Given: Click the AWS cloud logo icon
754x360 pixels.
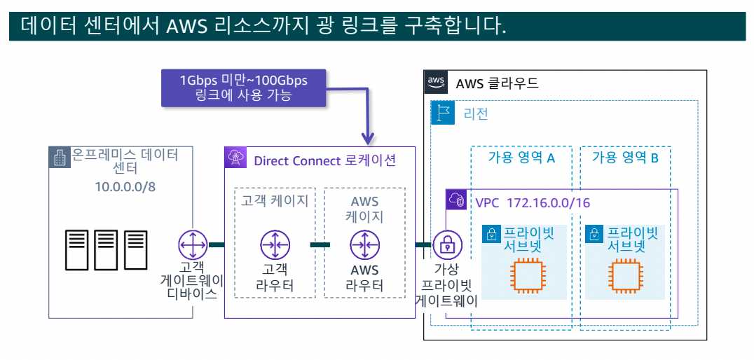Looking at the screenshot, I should [436, 82].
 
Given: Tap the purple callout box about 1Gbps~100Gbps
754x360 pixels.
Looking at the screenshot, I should [242, 88].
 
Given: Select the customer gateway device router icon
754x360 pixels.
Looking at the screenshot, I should [191, 245].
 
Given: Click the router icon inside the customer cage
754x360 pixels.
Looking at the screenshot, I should [274, 245].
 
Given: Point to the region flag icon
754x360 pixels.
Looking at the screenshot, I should [443, 112].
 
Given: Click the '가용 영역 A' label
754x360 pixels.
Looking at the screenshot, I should [521, 158].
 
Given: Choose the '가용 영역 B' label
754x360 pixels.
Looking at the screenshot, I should [625, 158].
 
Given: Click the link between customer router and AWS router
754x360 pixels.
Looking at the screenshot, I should [320, 245].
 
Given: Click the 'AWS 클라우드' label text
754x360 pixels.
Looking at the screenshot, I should [497, 83].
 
